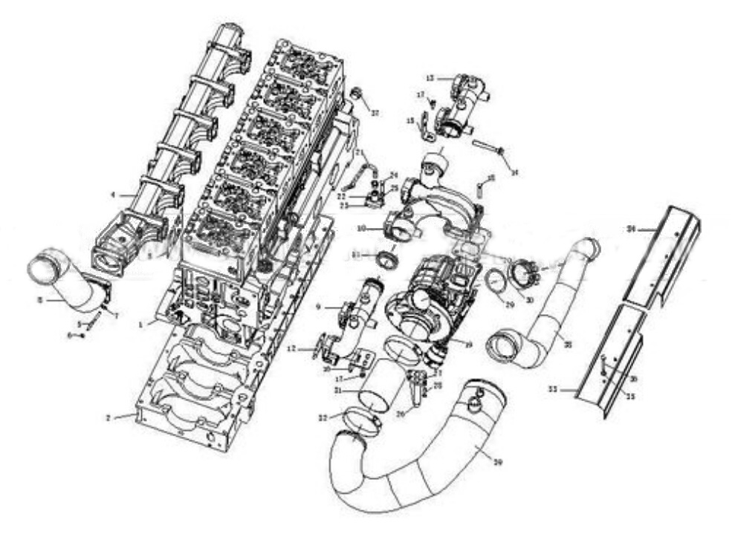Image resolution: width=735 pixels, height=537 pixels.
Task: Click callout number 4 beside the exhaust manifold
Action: coord(113,196)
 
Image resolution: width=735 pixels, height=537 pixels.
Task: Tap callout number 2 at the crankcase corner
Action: coord(109,418)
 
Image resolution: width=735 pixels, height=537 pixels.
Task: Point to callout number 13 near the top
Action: coord(430,77)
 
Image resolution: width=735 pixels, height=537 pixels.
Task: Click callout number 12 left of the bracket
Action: coord(292,348)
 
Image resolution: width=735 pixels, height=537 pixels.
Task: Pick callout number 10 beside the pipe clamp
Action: coord(360,228)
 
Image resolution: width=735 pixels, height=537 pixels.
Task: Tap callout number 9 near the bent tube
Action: coord(317,305)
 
